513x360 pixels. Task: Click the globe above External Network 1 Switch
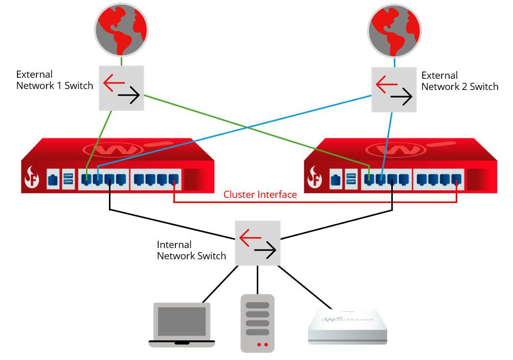[121, 30]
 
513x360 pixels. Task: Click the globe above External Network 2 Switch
[394, 30]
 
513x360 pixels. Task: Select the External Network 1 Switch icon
[121, 87]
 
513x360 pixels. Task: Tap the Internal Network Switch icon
[258, 243]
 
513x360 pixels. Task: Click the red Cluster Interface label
[260, 194]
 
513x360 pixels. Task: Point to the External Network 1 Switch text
[55, 80]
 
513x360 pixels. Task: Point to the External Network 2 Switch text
[459, 81]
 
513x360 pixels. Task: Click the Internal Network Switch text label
[191, 250]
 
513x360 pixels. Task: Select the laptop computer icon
[182, 325]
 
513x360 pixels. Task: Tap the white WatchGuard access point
[347, 327]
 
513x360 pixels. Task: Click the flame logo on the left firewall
[33, 178]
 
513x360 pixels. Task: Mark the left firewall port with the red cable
[174, 179]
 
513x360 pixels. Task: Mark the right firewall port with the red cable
[457, 179]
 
